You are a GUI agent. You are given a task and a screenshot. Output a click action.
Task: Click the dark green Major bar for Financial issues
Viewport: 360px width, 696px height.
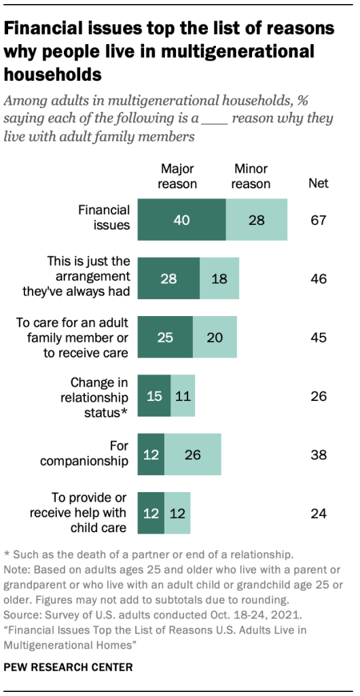[181, 220]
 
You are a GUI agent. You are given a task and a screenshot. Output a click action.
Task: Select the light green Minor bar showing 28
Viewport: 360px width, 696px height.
[257, 220]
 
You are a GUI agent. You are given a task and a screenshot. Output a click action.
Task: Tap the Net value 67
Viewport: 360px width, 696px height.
[318, 220]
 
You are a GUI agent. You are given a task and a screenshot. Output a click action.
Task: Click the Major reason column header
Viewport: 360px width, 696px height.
[178, 176]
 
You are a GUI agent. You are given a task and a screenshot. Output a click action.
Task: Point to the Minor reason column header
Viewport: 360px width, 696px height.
[251, 176]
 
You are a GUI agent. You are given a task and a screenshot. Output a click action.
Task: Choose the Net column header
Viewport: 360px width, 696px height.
[318, 182]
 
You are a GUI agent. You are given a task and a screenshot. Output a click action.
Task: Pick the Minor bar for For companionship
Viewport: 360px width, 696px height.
[193, 454]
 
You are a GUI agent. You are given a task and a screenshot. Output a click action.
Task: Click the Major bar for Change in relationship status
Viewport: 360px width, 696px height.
[154, 396]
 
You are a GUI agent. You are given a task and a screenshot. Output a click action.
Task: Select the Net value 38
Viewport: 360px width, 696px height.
[318, 454]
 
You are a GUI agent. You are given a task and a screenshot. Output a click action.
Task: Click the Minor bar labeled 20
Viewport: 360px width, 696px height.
[215, 337]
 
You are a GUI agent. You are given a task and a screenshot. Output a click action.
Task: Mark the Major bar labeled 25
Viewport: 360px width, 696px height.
[165, 337]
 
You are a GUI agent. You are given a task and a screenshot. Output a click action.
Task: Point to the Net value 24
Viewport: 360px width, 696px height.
[318, 513]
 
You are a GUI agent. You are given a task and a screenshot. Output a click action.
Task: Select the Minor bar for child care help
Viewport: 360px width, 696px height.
[177, 513]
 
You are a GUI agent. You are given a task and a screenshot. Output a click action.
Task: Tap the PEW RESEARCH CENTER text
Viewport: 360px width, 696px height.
[67, 668]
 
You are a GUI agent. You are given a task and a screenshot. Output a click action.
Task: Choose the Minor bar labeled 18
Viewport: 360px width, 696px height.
[219, 279]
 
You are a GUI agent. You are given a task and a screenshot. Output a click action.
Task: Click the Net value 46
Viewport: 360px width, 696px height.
[318, 279]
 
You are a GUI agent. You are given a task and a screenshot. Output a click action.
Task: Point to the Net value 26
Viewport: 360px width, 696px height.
[318, 396]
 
